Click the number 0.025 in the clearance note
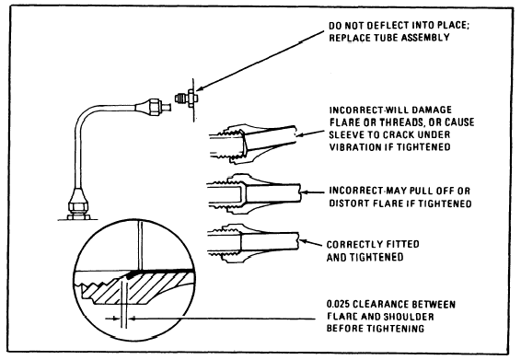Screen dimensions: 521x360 coord(338,304)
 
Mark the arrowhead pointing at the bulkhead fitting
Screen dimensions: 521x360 coord(200,88)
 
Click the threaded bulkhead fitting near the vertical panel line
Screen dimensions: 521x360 coord(187,99)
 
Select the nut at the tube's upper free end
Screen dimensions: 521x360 coord(155,107)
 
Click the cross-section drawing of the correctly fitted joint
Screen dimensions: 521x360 coord(253,243)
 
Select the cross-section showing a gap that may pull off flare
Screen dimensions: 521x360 coord(254,193)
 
